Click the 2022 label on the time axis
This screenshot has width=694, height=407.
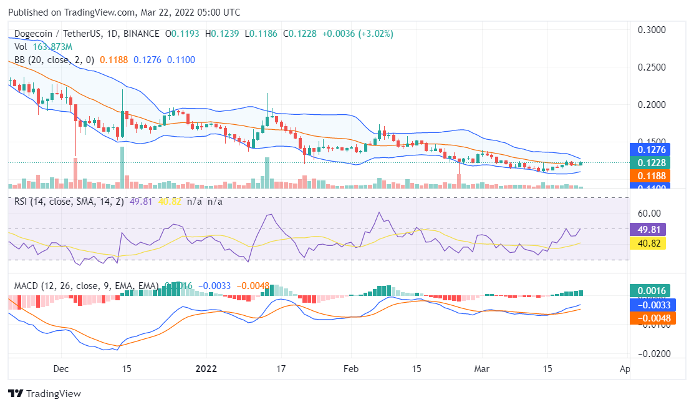(x=206, y=368)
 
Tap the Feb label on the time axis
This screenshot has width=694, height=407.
(x=352, y=368)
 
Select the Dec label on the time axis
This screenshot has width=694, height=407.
(x=60, y=368)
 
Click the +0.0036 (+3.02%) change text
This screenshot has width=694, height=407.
(x=357, y=34)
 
